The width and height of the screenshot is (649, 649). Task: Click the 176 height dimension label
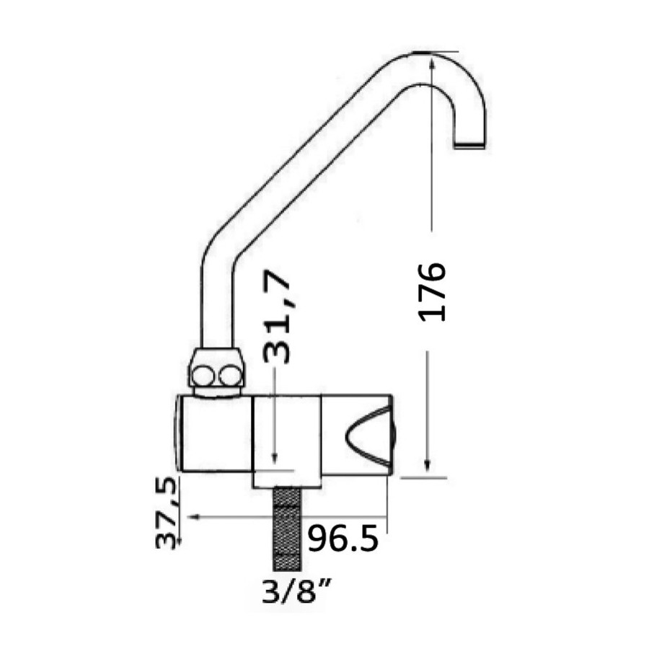pyautogui.click(x=432, y=292)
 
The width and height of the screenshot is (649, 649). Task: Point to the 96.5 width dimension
pyautogui.click(x=343, y=538)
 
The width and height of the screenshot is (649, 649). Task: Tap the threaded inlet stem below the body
pyautogui.click(x=287, y=529)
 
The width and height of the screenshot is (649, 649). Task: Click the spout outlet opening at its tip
pyautogui.click(x=469, y=145)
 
